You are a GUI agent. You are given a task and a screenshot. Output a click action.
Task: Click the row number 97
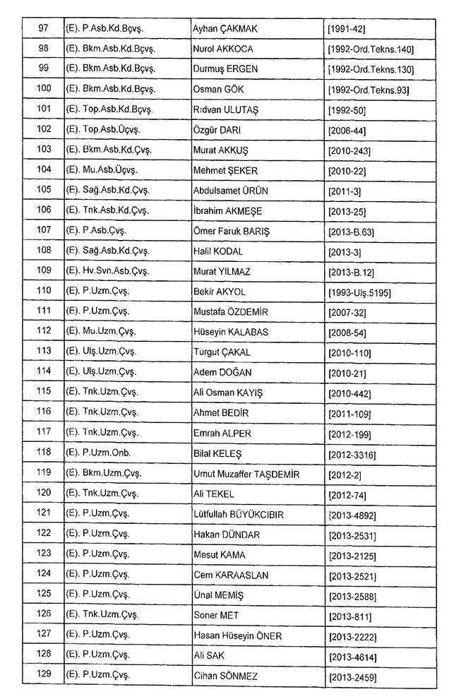click(44, 28)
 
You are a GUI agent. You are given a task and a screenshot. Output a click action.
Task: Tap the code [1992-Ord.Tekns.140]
click(371, 49)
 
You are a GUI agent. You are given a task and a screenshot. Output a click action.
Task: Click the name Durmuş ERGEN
click(225, 70)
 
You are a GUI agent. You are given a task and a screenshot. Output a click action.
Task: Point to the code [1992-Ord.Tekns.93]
click(369, 90)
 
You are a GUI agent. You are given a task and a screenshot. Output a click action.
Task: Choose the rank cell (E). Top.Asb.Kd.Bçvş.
click(109, 111)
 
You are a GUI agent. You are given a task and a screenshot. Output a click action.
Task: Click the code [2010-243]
click(349, 151)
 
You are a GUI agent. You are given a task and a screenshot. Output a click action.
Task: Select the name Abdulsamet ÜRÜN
click(230, 191)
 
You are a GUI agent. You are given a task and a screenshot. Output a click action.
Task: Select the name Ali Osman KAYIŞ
click(227, 393)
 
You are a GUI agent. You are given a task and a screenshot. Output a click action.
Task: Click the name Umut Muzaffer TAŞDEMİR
click(246, 474)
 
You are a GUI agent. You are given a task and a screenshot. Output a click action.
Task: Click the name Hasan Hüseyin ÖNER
click(237, 637)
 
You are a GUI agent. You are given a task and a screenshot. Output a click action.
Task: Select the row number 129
click(44, 677)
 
